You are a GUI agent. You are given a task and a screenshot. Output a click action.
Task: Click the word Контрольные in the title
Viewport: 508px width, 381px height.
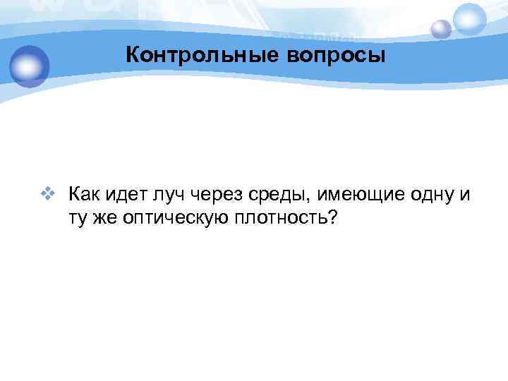[x=192, y=55]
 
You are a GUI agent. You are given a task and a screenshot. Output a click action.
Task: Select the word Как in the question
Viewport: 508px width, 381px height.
[x=83, y=194]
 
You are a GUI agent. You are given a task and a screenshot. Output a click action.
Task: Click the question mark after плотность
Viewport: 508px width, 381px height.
[x=332, y=219]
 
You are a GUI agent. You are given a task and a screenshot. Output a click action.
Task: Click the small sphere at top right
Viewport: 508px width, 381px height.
[x=441, y=28]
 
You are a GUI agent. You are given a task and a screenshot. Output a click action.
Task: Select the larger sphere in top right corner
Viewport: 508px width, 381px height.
[x=469, y=19]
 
